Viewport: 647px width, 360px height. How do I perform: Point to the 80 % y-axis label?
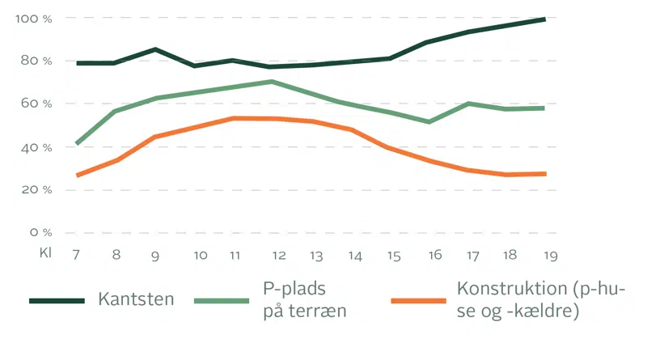[36, 61]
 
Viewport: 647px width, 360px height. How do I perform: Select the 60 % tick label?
[36, 104]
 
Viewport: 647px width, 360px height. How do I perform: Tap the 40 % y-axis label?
[36, 147]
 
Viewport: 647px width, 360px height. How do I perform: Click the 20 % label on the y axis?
[36, 190]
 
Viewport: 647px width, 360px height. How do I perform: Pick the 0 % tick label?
[40, 233]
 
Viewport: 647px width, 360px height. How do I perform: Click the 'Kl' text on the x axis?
[45, 253]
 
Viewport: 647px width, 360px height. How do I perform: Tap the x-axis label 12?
[279, 255]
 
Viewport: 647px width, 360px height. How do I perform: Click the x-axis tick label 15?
[394, 255]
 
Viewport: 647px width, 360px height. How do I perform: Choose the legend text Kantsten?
[136, 299]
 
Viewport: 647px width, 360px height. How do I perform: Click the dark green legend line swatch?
[57, 300]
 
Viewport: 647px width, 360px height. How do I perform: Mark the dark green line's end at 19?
[544, 19]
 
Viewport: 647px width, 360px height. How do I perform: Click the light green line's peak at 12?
[272, 81]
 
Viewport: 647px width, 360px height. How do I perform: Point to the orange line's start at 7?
[78, 175]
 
